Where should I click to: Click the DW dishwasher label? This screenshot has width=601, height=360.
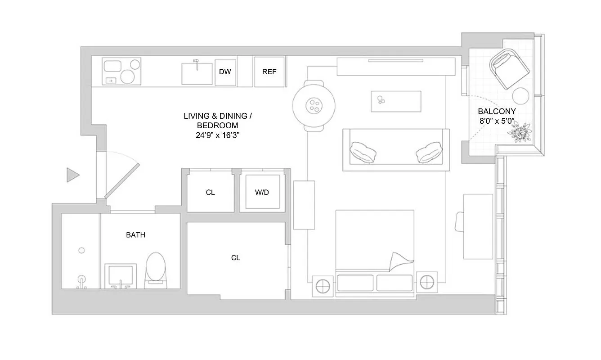(x=225, y=72)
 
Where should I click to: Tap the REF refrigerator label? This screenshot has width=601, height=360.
(x=269, y=72)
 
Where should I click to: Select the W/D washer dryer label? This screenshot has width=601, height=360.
(x=261, y=193)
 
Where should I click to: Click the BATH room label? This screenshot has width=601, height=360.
(x=135, y=235)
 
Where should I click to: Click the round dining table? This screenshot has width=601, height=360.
(x=314, y=106)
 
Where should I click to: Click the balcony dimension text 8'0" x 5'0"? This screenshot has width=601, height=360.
(x=497, y=121)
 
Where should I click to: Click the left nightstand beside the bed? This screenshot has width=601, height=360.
(x=323, y=285)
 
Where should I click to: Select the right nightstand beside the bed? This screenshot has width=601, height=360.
(x=426, y=283)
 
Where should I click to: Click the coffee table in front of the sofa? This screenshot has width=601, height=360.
(x=396, y=101)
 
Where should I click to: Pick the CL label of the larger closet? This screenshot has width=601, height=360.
(x=236, y=258)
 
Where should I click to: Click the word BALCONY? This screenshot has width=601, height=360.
(x=497, y=111)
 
